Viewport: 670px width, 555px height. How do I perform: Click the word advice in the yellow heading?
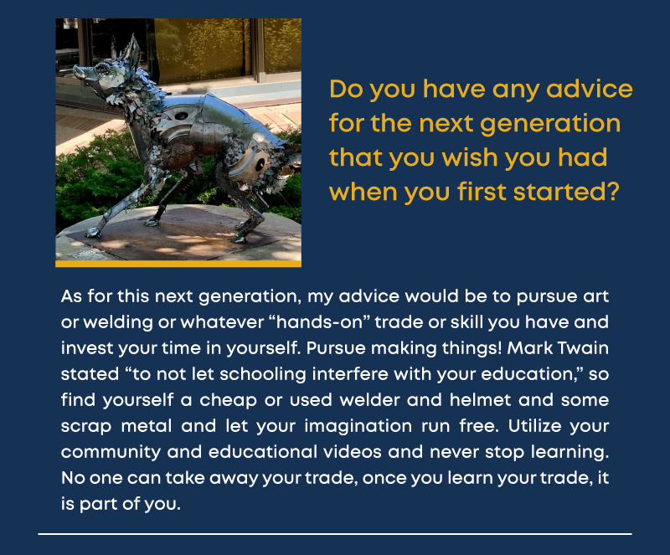[590, 89]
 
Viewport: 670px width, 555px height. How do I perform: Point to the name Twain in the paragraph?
[583, 347]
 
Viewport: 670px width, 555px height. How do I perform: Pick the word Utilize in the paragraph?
[533, 426]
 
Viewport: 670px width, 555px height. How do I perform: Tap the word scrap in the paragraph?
[86, 427]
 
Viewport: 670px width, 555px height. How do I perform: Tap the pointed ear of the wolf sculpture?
[131, 50]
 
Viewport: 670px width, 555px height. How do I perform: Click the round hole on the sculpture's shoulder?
[181, 116]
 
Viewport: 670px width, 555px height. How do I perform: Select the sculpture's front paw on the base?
[93, 232]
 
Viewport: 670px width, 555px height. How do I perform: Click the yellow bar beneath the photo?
[178, 264]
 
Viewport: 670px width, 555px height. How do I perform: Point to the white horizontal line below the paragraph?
[334, 533]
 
